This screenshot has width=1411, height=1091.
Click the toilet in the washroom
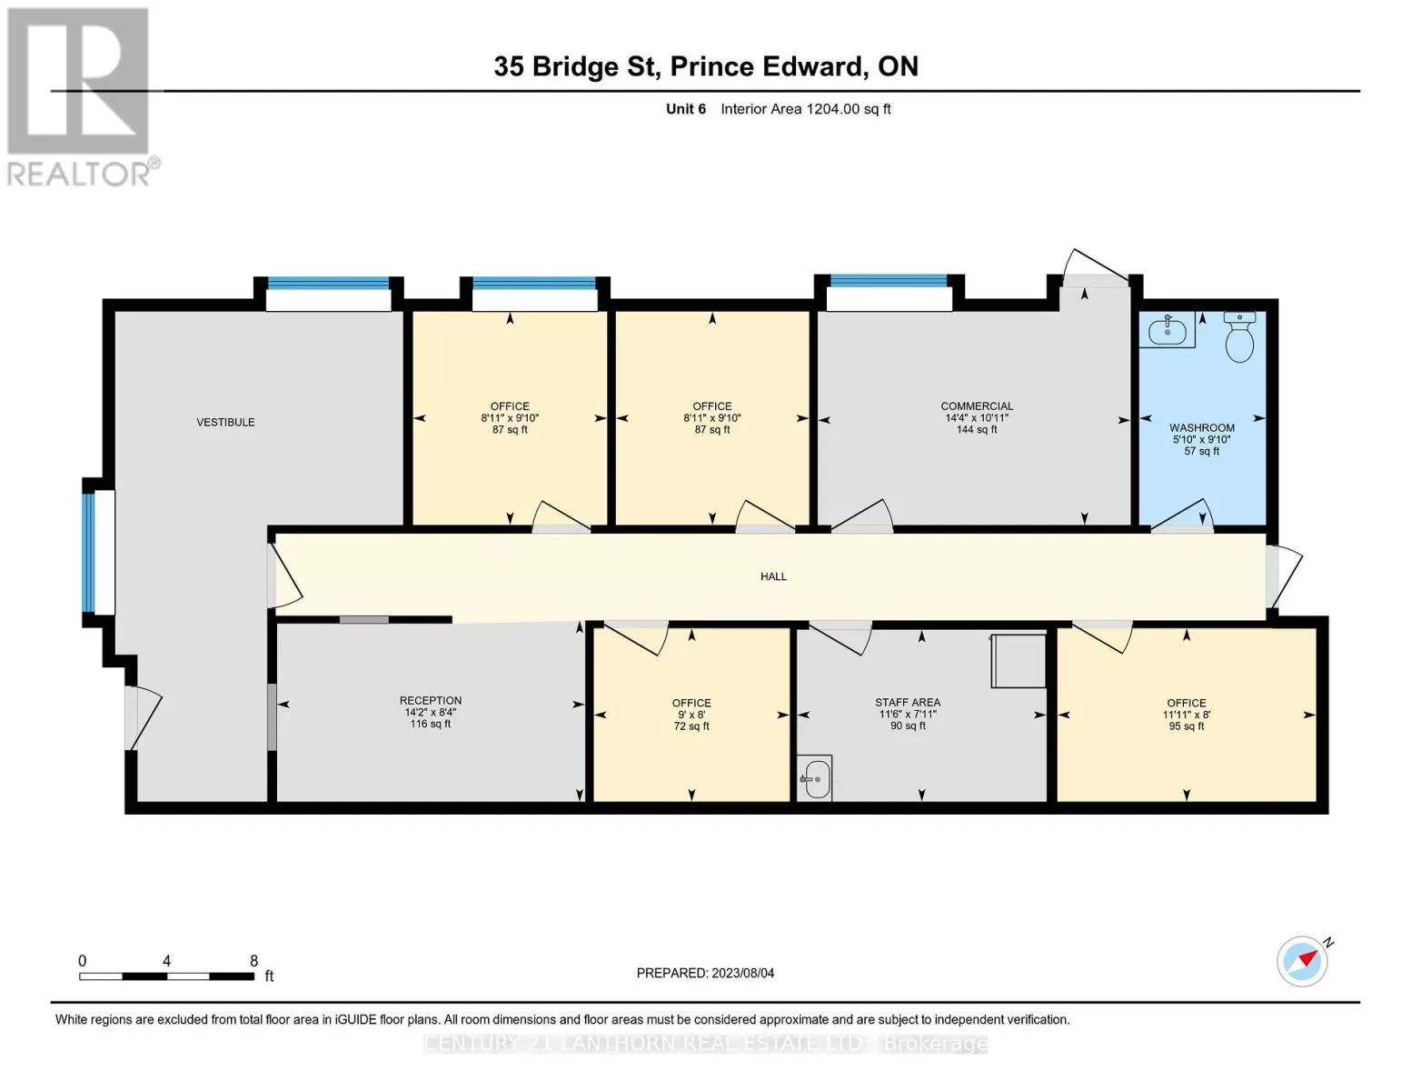click(x=1239, y=336)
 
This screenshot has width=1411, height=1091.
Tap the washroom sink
click(x=1167, y=330)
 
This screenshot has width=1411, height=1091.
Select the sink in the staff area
click(x=814, y=778)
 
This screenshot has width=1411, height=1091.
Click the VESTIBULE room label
click(x=225, y=423)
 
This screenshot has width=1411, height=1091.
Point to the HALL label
click(x=773, y=576)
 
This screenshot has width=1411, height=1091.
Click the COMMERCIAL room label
click(x=977, y=406)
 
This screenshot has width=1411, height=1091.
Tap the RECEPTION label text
click(x=431, y=700)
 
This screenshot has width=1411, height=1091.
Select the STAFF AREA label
click(x=908, y=703)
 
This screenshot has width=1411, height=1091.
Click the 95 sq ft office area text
click(x=1187, y=726)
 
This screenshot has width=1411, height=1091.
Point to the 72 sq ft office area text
click(x=691, y=726)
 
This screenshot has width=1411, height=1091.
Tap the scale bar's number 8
click(x=253, y=960)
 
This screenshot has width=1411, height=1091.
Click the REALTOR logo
click(x=81, y=97)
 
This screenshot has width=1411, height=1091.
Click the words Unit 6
click(x=686, y=109)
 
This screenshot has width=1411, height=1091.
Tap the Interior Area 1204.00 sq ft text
click(x=806, y=109)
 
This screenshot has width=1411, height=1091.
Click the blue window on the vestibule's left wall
click(x=89, y=553)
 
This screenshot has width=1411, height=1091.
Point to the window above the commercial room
click(x=889, y=281)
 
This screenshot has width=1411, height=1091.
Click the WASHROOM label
click(x=1202, y=428)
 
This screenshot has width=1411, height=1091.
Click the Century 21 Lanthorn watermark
click(x=705, y=1045)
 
